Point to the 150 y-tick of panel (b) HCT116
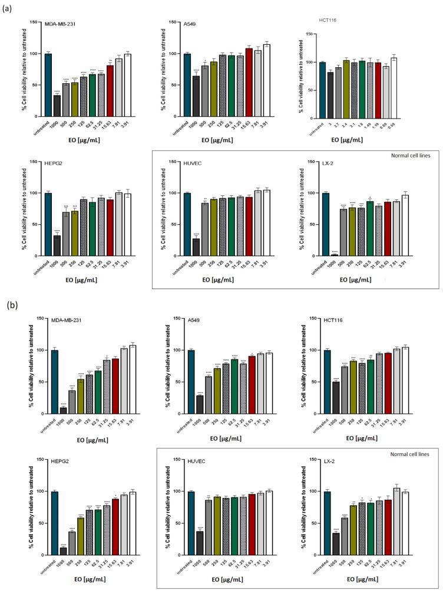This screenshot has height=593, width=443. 308,319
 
